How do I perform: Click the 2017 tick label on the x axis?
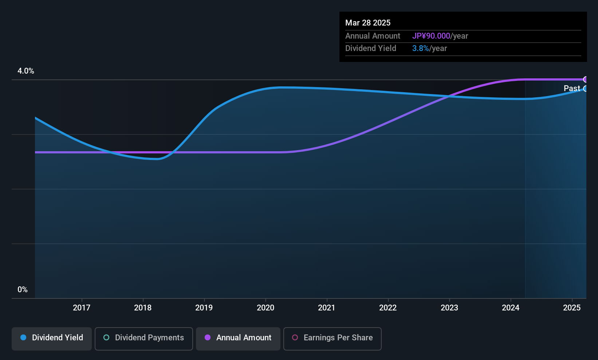(82, 308)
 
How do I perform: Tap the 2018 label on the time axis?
(143, 308)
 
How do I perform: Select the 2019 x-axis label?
(204, 308)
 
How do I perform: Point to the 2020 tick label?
(265, 308)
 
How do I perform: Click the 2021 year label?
(327, 308)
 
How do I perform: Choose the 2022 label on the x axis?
(388, 308)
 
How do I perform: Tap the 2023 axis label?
(449, 308)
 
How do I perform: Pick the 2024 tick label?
(511, 308)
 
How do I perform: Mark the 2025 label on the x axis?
(572, 308)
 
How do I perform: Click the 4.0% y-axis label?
(26, 71)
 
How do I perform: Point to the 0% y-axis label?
(23, 290)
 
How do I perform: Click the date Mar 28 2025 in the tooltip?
(368, 23)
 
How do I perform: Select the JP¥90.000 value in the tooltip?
(431, 36)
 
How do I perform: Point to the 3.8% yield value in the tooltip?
(421, 48)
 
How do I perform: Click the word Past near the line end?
(572, 89)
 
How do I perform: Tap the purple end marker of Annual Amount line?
(585, 79)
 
